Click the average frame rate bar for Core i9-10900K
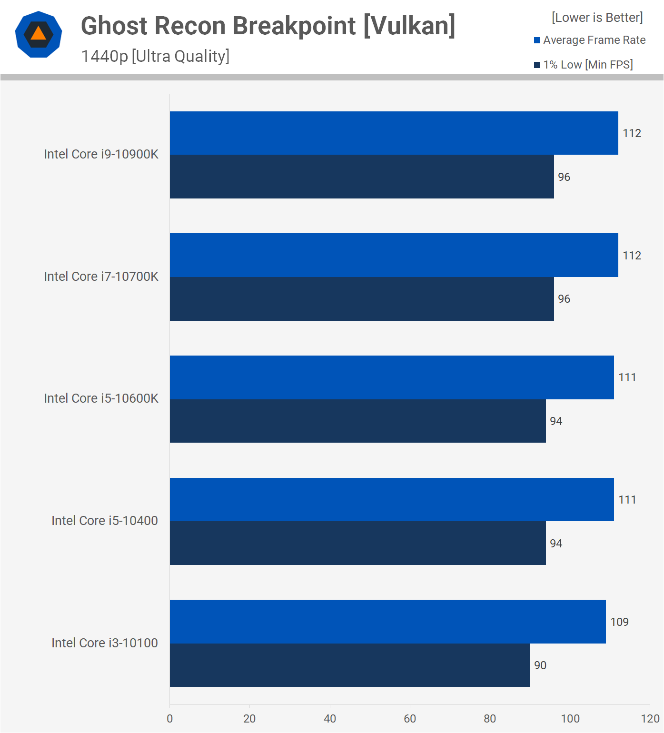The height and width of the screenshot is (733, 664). (394, 133)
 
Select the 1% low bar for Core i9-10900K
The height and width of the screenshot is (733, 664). (362, 177)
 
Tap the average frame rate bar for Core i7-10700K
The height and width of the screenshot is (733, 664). (394, 255)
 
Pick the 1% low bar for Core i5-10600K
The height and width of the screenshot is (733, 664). (357, 421)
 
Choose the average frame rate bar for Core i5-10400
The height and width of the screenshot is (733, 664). (392, 499)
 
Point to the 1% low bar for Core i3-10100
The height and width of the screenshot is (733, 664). (350, 665)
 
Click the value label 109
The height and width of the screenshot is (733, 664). (619, 622)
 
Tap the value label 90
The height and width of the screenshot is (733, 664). (540, 665)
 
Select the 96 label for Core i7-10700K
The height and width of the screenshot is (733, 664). (564, 299)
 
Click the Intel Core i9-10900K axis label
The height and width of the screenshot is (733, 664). (101, 154)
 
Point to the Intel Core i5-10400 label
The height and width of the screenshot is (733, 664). (105, 521)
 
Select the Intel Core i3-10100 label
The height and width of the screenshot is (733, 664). (105, 643)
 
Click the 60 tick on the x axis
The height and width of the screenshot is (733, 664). (410, 719)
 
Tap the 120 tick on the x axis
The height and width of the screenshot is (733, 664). (650, 719)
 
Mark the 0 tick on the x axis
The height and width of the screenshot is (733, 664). (170, 719)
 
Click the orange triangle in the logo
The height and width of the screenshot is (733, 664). (39, 34)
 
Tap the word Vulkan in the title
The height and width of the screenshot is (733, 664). (409, 26)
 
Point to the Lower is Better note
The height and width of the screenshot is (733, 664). (597, 18)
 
